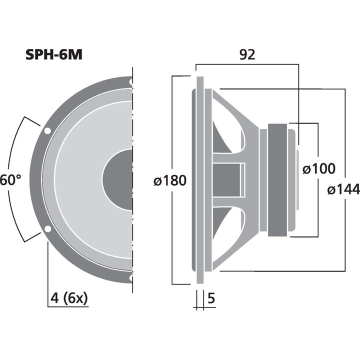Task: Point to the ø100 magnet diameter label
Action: coord(319,169)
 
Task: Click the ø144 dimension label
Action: coord(343,189)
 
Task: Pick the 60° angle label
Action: coord(10,179)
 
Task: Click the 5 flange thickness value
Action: coord(210,298)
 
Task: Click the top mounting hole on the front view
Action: coord(131,81)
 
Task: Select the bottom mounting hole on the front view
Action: coord(131,277)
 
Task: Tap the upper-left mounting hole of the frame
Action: coord(47,131)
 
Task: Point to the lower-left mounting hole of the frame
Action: coord(47,229)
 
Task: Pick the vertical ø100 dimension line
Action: coord(318,210)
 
